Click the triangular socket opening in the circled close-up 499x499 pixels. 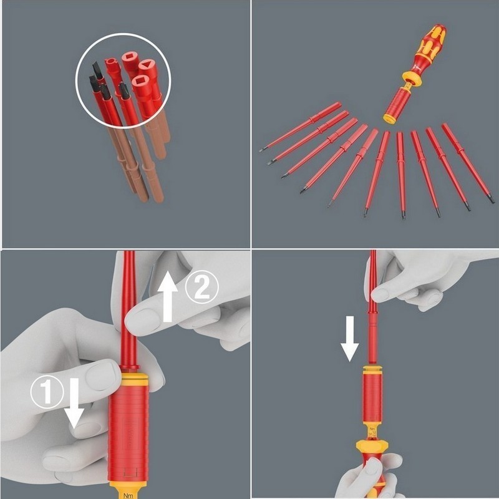[147, 64]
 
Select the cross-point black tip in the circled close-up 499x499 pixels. [124, 89]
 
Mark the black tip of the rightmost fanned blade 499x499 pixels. [492, 200]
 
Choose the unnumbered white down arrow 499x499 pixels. [349, 337]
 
